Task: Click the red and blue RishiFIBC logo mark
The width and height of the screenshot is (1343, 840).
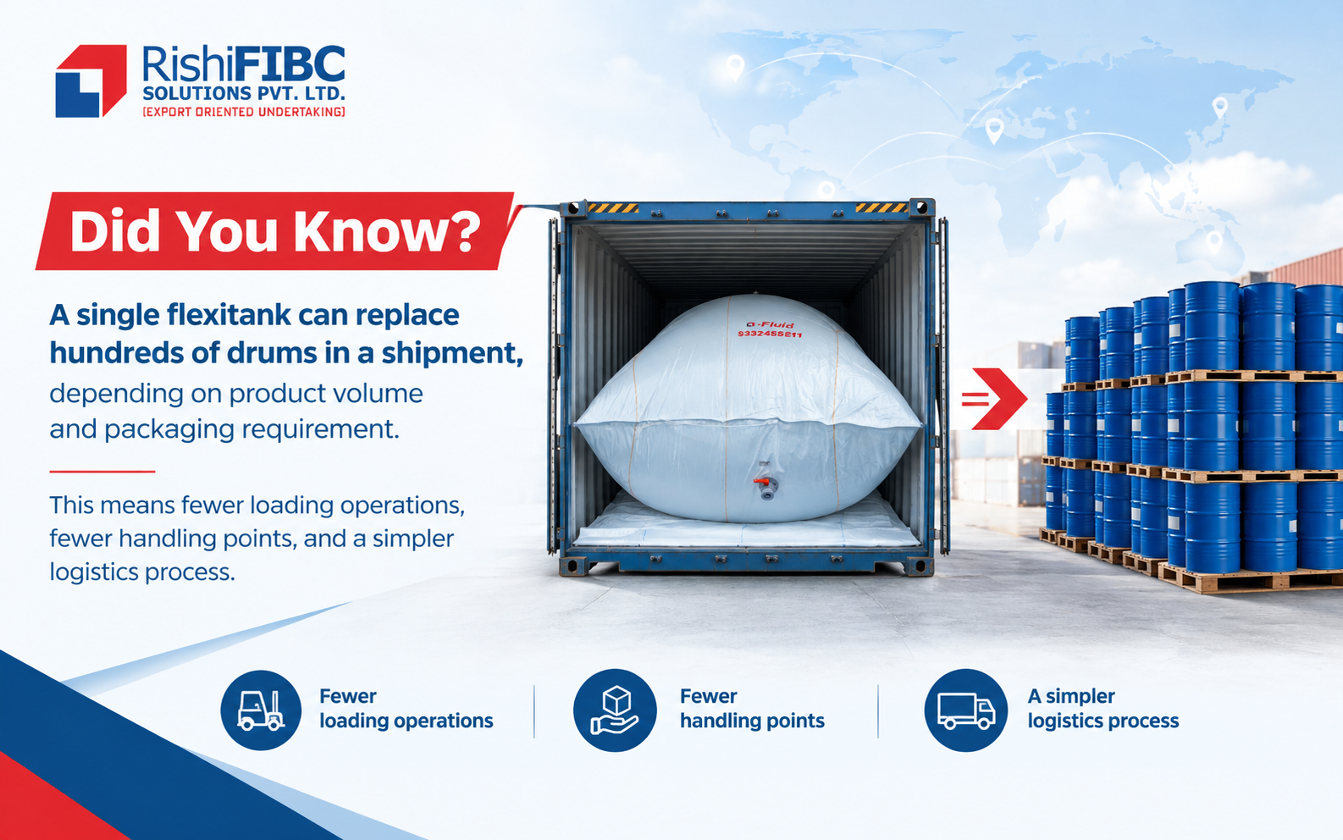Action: coord(91,81)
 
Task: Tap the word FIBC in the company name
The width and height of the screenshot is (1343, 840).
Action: coord(290,64)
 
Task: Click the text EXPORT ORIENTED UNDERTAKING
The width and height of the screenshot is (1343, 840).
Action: coord(244,112)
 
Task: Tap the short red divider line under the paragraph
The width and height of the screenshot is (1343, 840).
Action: coord(102,472)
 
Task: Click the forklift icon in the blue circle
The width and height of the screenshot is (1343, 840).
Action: coord(261,710)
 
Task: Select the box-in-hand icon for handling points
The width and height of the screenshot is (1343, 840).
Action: coord(615,710)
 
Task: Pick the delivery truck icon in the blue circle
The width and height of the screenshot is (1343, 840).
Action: coord(966,711)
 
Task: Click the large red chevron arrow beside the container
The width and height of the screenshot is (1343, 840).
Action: coord(994,399)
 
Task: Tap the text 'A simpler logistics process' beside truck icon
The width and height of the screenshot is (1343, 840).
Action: coord(1103,708)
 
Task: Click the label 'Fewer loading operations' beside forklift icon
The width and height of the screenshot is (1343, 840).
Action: coord(406,708)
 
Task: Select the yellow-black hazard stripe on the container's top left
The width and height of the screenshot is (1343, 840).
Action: coord(613,208)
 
